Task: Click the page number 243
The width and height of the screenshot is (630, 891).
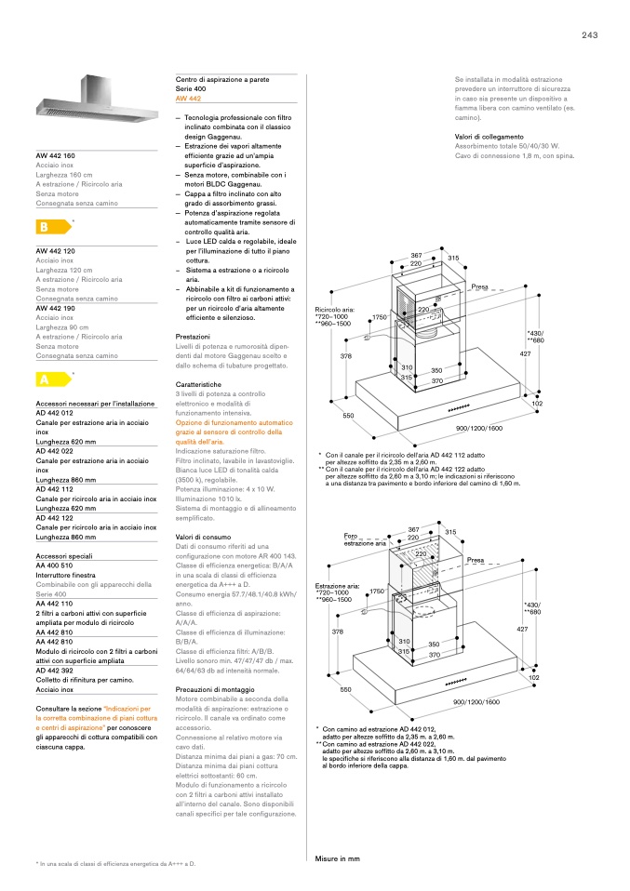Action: pyautogui.click(x=589, y=35)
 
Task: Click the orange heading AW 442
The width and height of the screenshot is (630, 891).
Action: pyautogui.click(x=188, y=98)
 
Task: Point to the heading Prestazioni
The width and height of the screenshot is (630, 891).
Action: pyautogui.click(x=194, y=336)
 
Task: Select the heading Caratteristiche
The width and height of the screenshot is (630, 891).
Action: pyautogui.click(x=199, y=384)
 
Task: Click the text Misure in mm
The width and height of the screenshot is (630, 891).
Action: pyautogui.click(x=337, y=858)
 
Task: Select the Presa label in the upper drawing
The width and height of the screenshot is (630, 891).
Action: pyautogui.click(x=480, y=286)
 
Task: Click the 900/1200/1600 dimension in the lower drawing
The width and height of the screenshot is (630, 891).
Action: pyautogui.click(x=476, y=702)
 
